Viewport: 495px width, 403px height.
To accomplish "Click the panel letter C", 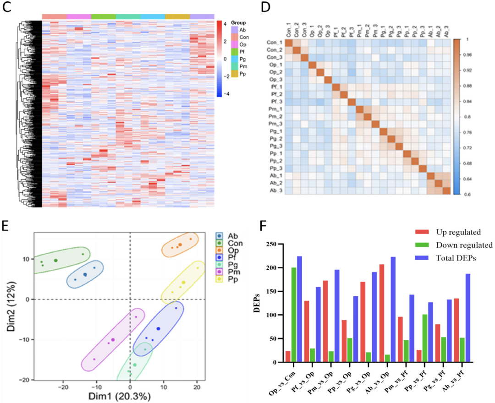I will pyautogui.click(x=7, y=8).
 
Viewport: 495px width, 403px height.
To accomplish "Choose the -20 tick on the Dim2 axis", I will pyautogui.click(x=27, y=380).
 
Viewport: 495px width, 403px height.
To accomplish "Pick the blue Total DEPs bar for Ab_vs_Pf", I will pyautogui.click(x=468, y=318).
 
